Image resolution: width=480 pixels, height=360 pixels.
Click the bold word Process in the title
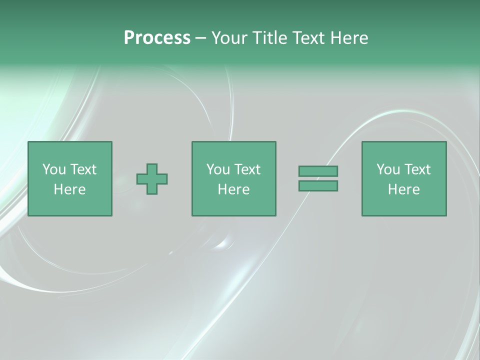(157, 38)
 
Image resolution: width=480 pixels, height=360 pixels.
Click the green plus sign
(152, 179)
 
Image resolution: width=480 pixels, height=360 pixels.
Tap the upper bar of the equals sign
(318, 171)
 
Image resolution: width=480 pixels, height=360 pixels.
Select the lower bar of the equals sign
(318, 186)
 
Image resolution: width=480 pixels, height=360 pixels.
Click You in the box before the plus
(53, 169)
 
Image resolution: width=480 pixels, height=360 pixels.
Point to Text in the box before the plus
(82, 169)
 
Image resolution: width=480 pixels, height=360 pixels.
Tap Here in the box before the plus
(69, 189)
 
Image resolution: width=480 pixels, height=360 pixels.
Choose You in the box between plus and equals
(217, 169)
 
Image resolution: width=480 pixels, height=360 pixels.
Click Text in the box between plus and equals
(246, 169)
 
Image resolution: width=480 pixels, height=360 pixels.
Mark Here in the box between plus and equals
(233, 189)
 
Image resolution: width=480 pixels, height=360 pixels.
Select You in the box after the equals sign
(387, 169)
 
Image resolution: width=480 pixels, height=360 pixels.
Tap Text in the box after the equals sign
(416, 169)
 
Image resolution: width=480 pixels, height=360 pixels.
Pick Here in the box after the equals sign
(403, 189)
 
